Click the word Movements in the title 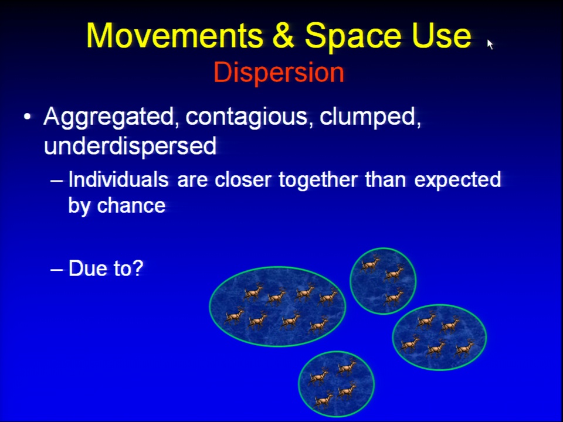coord(175,36)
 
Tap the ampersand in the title coord(284,36)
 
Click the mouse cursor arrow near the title coord(490,44)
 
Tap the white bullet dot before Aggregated coord(28,117)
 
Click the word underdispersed coord(130,146)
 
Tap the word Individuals coord(118,179)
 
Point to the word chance coord(131,205)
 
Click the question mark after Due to coord(138,268)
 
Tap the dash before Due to coord(56,269)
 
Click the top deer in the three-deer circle coord(371,264)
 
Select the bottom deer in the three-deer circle coord(393,297)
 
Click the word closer coord(243,179)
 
